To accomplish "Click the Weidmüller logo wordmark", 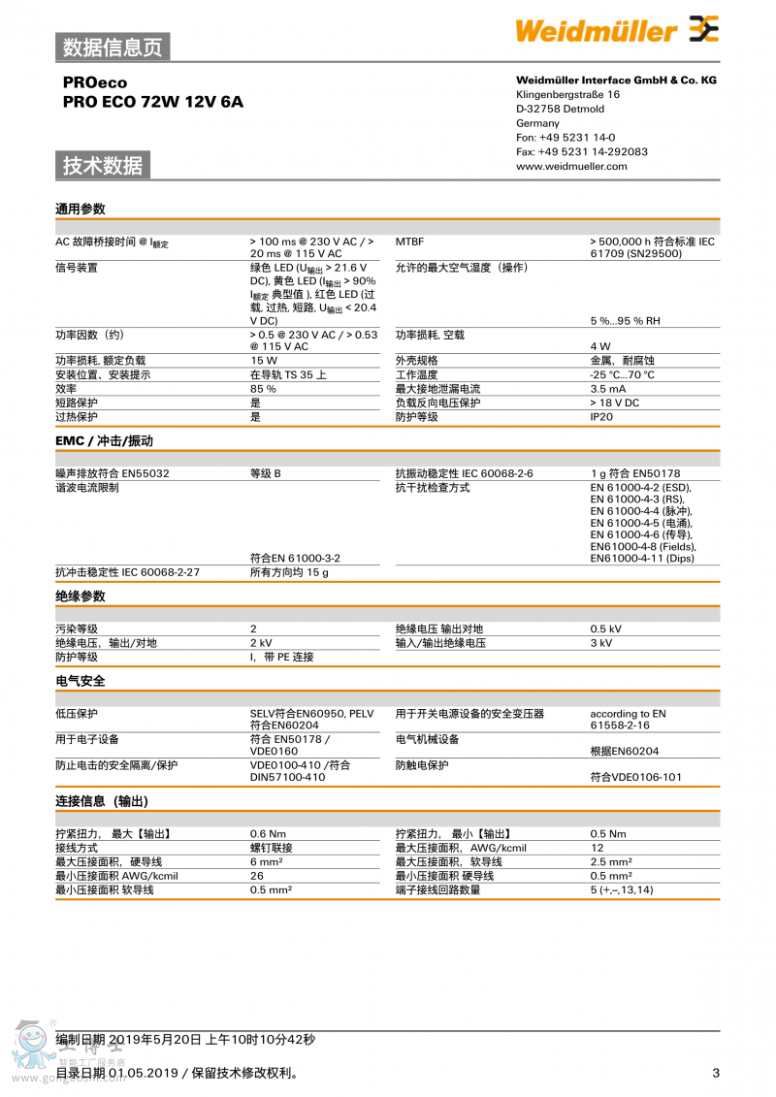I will tap(596, 31).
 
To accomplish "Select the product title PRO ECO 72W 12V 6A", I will tap(153, 101).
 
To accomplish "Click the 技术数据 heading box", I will tap(103, 165).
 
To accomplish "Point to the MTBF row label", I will tap(409, 242).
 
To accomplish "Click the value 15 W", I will tap(263, 361).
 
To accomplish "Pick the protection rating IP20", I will tap(601, 417).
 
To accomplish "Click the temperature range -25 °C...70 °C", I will tap(622, 375).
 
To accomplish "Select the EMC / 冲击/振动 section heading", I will tap(104, 441).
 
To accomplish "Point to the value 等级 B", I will tap(265, 473).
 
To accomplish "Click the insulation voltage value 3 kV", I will tap(601, 643).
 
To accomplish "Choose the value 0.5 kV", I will tap(605, 629).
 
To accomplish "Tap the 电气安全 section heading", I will tap(81, 681).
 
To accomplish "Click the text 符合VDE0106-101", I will tap(635, 777).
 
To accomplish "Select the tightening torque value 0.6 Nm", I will tap(268, 834).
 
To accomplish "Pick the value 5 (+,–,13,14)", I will tap(622, 890).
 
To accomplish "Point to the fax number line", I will tap(582, 151).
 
